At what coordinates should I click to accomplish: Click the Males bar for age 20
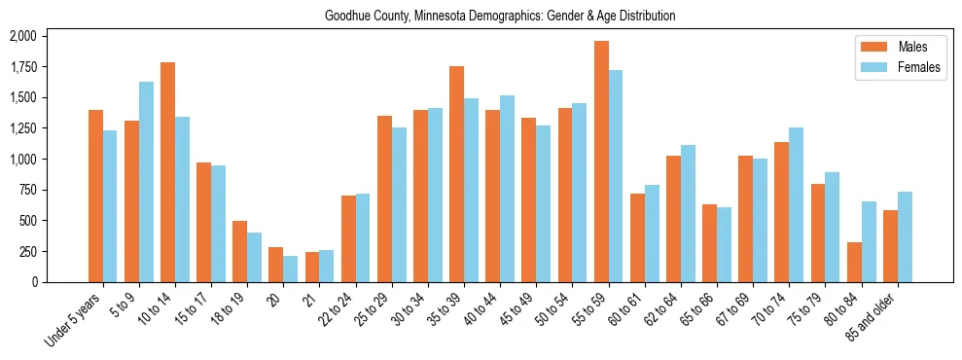tap(275, 265)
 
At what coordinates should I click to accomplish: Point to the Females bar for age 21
tap(326, 266)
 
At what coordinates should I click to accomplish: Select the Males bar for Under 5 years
tap(95, 196)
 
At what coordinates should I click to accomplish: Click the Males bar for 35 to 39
tap(456, 174)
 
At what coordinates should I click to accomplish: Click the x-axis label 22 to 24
tap(344, 311)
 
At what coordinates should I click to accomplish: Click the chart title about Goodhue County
tap(480, 17)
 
